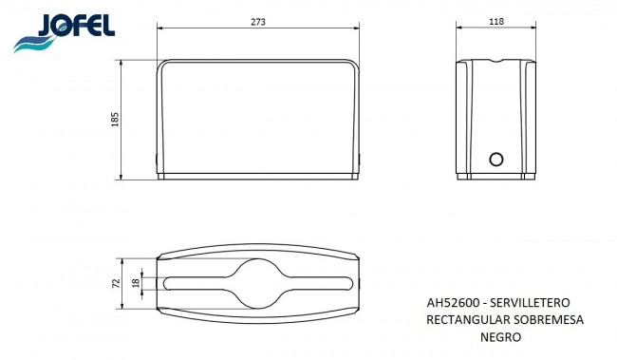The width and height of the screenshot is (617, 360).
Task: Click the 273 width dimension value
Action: coord(258,22)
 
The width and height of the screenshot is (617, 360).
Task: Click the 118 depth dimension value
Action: coord(496,22)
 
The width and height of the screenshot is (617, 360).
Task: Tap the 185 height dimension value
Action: coord(115,120)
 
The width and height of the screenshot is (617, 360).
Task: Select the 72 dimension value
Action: coord(117,284)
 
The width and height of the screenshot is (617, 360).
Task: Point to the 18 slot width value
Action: coord(136,283)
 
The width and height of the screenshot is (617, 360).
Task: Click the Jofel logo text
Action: coord(76,26)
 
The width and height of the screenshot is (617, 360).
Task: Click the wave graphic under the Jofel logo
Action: coord(35,43)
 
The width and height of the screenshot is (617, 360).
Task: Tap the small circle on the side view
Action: coord(496,160)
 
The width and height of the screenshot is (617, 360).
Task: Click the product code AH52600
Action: coord(453,303)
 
